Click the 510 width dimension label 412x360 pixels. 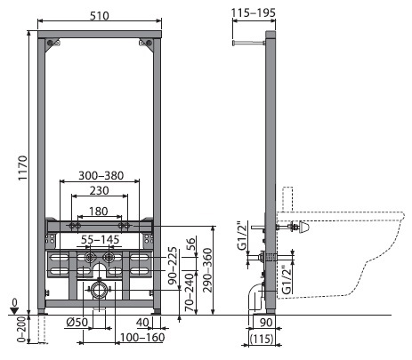100,15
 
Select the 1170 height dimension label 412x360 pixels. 22,168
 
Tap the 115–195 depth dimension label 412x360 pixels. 254,12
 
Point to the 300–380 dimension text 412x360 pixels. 101,175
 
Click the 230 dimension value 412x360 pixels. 100,190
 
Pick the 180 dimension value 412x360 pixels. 99,212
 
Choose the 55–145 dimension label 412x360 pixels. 101,239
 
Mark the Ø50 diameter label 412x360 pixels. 77,322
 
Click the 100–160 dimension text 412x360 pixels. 142,337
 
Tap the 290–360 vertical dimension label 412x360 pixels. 207,270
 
